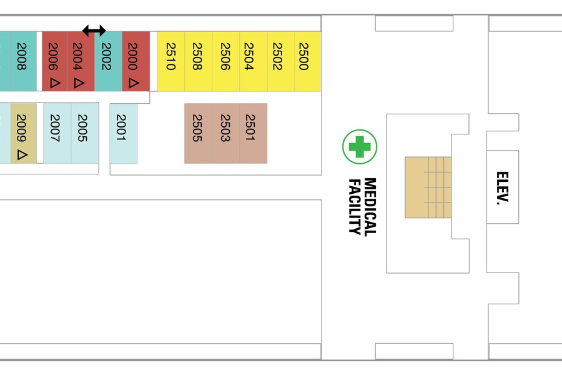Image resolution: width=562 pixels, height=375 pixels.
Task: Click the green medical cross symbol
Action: click(360, 147)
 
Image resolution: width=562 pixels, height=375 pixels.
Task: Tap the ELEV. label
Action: click(503, 188)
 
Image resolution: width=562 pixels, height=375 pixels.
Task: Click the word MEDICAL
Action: click(370, 207)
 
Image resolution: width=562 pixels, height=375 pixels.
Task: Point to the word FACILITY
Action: click(355, 207)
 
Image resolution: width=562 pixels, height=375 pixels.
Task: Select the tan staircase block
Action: click(428, 187)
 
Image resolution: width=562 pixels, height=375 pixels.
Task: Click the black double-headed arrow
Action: click(94, 31)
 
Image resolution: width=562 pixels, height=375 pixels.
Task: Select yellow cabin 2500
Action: click(307, 61)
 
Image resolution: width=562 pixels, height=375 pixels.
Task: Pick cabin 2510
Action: click(171, 61)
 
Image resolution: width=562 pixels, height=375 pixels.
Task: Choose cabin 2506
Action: click(226, 61)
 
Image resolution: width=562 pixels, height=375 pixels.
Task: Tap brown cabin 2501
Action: click(254, 134)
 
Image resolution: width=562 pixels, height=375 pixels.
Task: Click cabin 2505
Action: click(198, 134)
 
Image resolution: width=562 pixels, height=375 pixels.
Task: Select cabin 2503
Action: click(225, 134)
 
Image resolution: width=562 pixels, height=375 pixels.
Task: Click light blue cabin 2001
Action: click(123, 134)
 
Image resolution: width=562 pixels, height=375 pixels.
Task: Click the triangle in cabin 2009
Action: click(22, 154)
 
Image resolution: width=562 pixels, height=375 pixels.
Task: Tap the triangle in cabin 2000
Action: click(134, 83)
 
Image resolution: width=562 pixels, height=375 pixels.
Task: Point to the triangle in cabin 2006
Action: click(55, 83)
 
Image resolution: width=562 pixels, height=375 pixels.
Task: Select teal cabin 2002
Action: click(108, 61)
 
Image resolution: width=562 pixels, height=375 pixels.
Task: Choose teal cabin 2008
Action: click(23, 61)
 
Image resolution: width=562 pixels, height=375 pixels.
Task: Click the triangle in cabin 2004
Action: click(79, 83)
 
